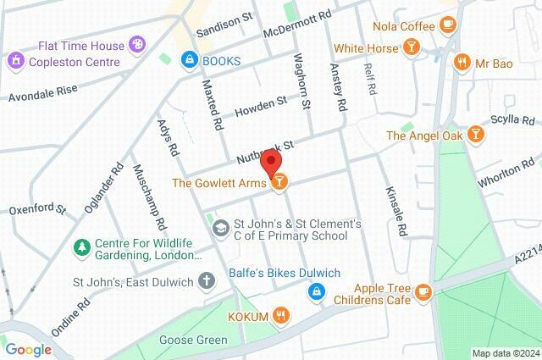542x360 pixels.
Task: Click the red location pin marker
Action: pyautogui.click(x=270, y=163)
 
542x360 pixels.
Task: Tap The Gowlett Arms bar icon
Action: pyautogui.click(x=279, y=181)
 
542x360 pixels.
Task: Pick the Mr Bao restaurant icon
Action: pyautogui.click(x=462, y=61)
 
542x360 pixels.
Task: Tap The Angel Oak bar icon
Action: pyautogui.click(x=477, y=135)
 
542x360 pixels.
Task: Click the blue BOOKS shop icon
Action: pyautogui.click(x=189, y=61)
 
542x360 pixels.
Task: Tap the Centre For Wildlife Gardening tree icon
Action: pyautogui.click(x=82, y=247)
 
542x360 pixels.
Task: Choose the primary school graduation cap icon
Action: pyautogui.click(x=219, y=228)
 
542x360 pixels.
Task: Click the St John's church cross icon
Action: pyautogui.click(x=206, y=280)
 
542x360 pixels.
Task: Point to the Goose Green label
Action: pyautogui.click(x=193, y=341)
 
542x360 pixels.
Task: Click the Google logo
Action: pyautogui.click(x=28, y=350)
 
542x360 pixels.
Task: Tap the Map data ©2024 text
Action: pyautogui.click(x=505, y=353)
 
